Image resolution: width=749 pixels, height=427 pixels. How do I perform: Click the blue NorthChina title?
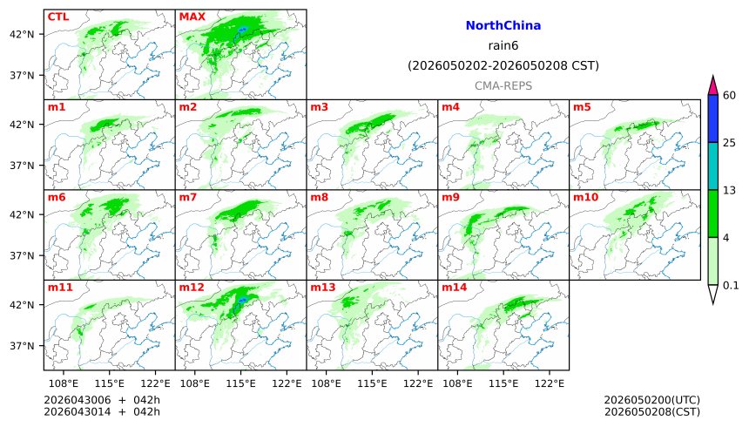[503, 26]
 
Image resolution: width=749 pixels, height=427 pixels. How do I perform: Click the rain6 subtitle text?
[503, 45]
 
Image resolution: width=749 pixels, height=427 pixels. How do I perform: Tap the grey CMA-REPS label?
[503, 85]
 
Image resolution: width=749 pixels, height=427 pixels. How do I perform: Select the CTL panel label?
[59, 17]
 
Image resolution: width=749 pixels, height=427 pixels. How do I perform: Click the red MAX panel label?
[192, 17]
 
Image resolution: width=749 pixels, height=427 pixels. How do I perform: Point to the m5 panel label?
[582, 107]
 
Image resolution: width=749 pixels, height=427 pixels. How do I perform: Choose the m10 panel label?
[584, 198]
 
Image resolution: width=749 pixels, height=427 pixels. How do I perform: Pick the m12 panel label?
[192, 287]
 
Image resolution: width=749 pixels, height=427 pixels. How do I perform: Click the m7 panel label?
[188, 198]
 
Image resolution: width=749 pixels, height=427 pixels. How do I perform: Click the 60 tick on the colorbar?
[730, 95]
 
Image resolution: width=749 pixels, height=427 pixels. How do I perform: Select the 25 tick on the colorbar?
[730, 142]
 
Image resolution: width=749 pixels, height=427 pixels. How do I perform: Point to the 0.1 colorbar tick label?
[731, 285]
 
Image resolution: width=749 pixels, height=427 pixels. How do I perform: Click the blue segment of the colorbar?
[713, 119]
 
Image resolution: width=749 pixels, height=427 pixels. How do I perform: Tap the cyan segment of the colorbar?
[713, 166]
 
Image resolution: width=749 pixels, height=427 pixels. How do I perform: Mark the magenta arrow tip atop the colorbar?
[713, 85]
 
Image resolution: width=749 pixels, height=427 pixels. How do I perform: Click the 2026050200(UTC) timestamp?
[651, 400]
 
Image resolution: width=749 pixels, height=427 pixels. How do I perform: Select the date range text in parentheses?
[503, 65]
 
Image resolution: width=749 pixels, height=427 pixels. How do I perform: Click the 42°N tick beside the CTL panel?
[21, 34]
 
